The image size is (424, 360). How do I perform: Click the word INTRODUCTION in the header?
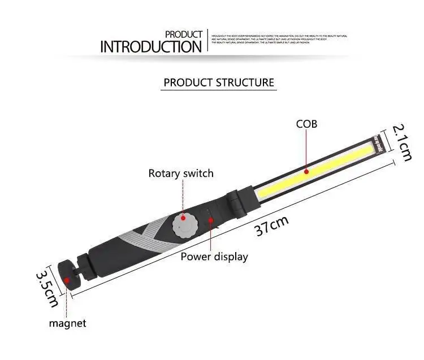[x=150, y=46]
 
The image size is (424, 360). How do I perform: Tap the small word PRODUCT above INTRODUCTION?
[x=183, y=34]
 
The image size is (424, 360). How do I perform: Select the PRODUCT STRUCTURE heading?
[x=219, y=83]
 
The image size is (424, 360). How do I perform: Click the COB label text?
[x=307, y=124]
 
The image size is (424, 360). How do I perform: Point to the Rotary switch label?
[x=181, y=173]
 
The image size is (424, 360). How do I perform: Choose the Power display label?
[x=214, y=257]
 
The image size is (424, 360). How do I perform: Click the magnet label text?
[x=67, y=323]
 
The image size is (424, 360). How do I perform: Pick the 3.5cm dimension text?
[x=47, y=288]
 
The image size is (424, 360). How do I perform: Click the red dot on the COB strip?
[x=306, y=170]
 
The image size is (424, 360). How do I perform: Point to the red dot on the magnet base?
[x=67, y=279]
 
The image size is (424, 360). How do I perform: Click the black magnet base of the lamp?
[x=71, y=275]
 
